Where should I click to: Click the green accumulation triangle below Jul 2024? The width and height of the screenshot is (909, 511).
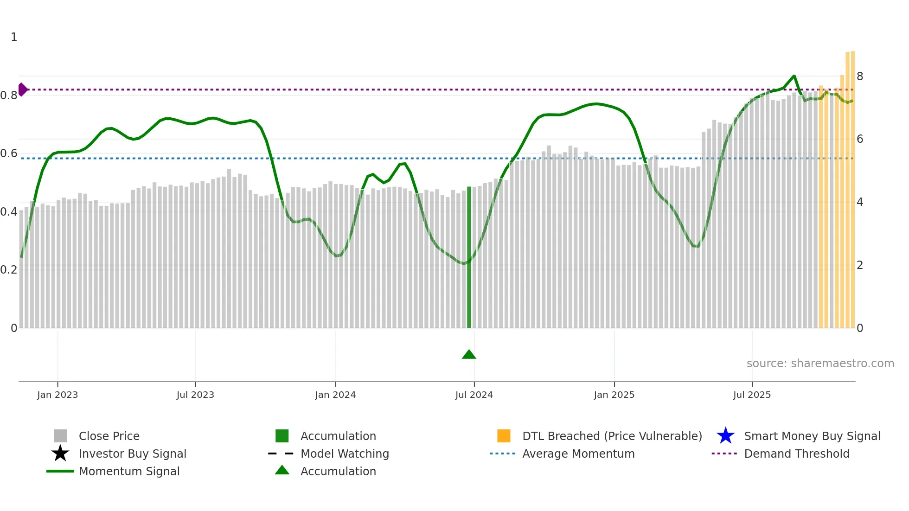tap(469, 355)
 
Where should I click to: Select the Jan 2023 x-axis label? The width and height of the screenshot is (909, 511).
tap(58, 395)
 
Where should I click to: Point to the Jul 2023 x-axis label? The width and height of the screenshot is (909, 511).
tap(195, 395)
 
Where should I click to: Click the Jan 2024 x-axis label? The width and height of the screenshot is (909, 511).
tap(335, 395)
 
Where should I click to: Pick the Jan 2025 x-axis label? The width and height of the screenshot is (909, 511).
tap(614, 395)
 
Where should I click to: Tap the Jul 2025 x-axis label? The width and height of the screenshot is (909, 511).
tap(752, 395)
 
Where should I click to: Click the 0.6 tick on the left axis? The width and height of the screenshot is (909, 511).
tap(9, 153)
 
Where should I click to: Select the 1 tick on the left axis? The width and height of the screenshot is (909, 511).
tap(14, 37)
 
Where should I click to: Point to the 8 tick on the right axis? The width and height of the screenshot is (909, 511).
tap(860, 77)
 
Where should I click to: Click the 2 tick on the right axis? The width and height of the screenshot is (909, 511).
tap(860, 265)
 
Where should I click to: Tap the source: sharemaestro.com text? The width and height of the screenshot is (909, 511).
tap(820, 364)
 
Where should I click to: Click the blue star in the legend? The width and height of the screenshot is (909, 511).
tap(725, 436)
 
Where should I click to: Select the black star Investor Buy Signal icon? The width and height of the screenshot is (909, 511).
tap(60, 454)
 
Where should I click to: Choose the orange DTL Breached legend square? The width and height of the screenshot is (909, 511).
tap(504, 436)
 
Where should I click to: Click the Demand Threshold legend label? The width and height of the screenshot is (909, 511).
tap(796, 454)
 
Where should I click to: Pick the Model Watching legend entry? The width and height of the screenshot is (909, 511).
tap(345, 454)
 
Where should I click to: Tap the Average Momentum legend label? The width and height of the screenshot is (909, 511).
tap(578, 454)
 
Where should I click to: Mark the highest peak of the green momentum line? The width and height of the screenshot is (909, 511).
tap(794, 76)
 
